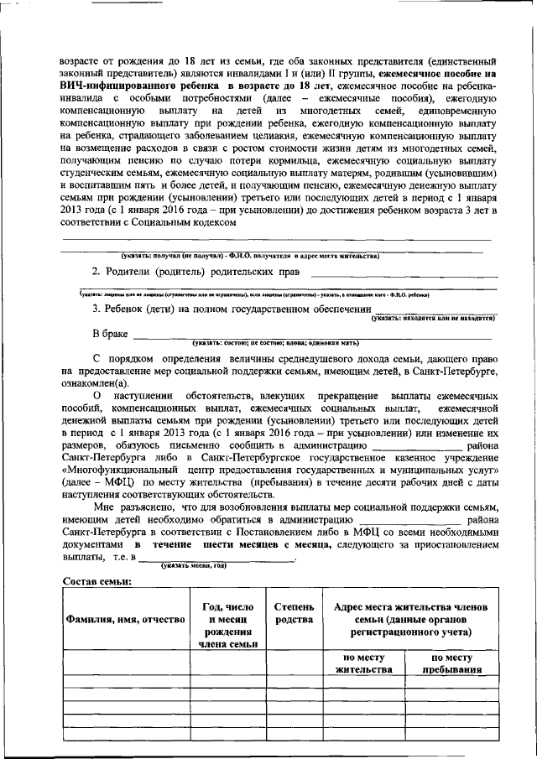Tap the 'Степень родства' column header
coord(295,612)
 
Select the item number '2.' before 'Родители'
coord(96,272)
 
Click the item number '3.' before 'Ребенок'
coord(96,309)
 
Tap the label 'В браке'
coord(110,333)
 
